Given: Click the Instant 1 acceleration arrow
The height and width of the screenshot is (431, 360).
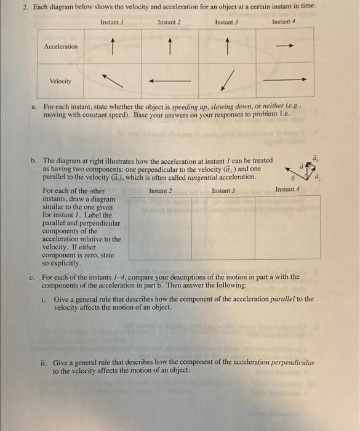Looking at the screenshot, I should click(x=113, y=45).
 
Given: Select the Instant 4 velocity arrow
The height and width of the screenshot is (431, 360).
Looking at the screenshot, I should click(x=284, y=80).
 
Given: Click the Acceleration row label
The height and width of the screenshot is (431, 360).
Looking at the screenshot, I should click(x=61, y=46).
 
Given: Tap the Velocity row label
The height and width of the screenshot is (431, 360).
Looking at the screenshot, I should click(x=60, y=81).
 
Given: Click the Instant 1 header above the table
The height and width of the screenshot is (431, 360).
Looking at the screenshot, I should click(x=112, y=22).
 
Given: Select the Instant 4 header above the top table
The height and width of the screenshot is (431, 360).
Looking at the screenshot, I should click(x=284, y=22).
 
